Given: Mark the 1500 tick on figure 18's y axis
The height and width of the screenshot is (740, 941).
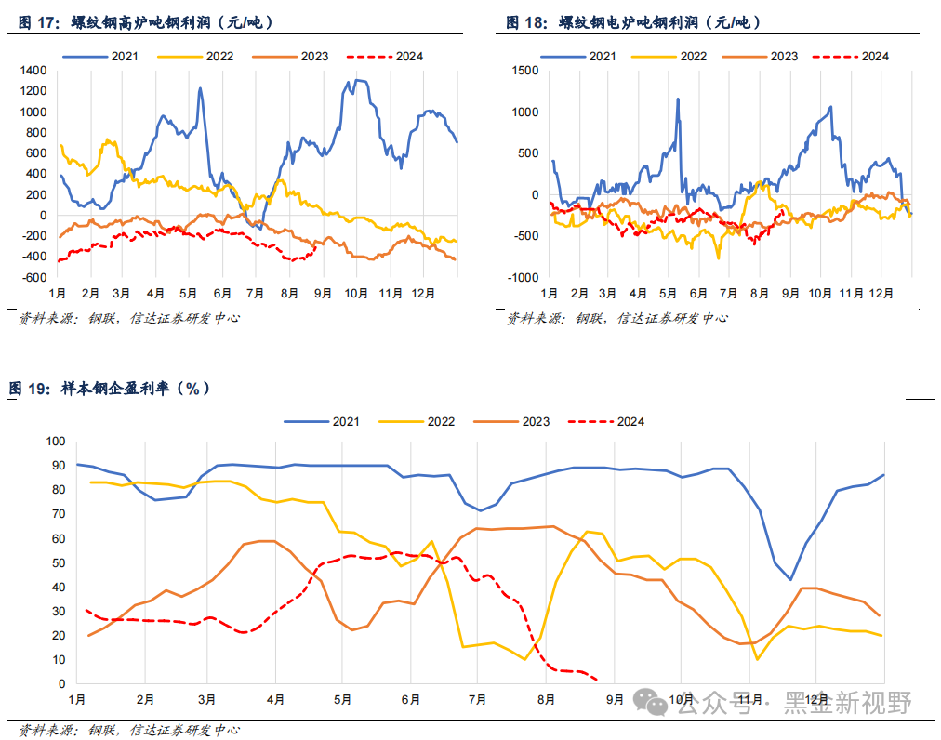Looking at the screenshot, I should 525,71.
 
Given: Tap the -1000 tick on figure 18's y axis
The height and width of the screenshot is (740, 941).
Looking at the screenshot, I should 523,277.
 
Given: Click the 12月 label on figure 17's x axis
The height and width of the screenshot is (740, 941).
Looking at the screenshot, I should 424,293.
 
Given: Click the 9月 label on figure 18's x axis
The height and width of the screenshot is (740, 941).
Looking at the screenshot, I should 790,293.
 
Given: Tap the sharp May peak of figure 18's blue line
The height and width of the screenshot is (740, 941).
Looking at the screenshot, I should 678,99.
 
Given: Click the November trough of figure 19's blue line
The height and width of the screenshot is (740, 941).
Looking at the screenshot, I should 790,579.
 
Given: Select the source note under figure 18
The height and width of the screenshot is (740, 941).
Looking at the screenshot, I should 617,318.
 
